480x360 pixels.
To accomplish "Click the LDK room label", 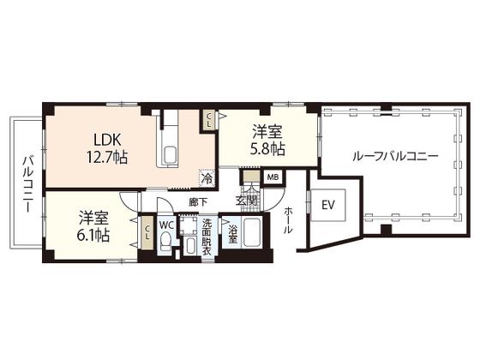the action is coord(107,140).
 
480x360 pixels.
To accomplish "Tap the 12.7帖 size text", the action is coord(107,158).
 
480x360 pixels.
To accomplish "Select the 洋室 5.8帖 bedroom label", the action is coord(267,141).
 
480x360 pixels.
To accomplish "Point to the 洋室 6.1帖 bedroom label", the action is coord(94,226).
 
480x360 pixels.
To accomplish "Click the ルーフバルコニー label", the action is coord(395,156).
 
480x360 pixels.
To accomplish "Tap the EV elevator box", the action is coord(327,205).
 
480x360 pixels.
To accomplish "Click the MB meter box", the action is coord(273,177).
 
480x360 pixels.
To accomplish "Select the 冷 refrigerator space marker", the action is coord(207,177).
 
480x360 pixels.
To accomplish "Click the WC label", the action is coord(166,225).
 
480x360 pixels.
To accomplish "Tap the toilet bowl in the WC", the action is coord(166,240).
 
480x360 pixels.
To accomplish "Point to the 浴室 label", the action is coord(233,233).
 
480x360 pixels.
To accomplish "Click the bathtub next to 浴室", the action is coord(252,232).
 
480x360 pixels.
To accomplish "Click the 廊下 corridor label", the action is coord(198,202).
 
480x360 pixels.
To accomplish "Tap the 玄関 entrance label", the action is coord(246,201).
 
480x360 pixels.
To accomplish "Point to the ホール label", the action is coord(288,220).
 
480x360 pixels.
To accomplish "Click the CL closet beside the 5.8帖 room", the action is coord(208,120).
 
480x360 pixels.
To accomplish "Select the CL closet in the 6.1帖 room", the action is coord(147,232).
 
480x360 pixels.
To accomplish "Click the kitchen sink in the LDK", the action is coord(170,155).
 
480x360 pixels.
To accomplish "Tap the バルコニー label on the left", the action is coord(28,184).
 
